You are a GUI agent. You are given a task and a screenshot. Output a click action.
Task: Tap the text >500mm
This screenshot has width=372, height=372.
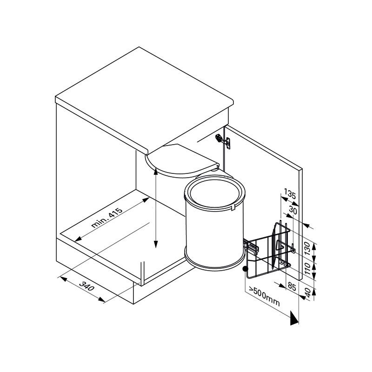[264, 298]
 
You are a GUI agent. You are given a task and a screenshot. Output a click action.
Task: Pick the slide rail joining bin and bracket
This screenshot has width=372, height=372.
[251, 246]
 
